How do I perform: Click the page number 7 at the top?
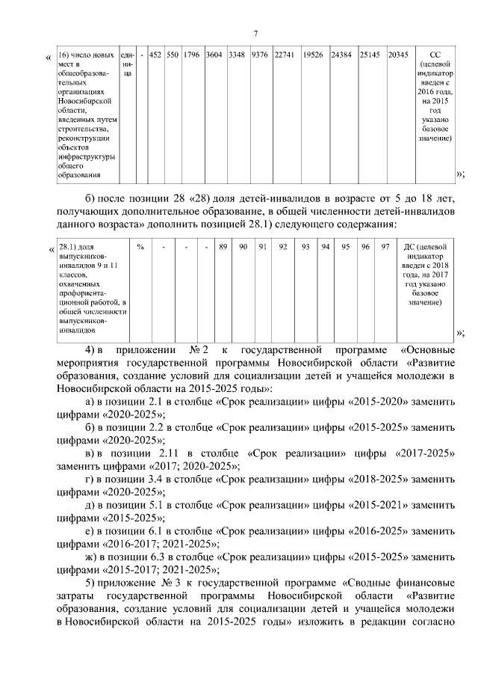coord(255,33)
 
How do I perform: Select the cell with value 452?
coord(155,55)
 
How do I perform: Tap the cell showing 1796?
coord(191,55)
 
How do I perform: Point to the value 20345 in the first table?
coord(398,55)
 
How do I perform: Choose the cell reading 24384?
coord(341,55)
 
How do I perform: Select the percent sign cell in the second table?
coord(140,247)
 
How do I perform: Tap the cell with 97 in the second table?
coord(385,247)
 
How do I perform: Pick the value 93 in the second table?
coord(305,247)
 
